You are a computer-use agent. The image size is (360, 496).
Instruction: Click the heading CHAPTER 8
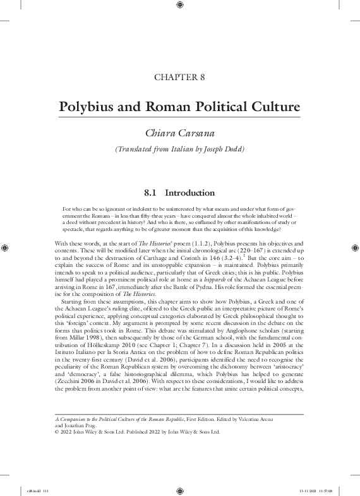click(179, 78)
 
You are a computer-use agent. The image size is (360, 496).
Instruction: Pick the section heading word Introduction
click(189, 192)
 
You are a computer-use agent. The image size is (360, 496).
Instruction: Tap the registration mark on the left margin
click(5, 248)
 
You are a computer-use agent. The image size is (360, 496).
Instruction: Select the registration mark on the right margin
click(355, 248)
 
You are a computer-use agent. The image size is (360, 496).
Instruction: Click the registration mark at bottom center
click(180, 489)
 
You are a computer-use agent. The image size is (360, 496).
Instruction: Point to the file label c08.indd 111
click(33, 489)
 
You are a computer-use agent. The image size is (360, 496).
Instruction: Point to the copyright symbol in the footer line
click(57, 433)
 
